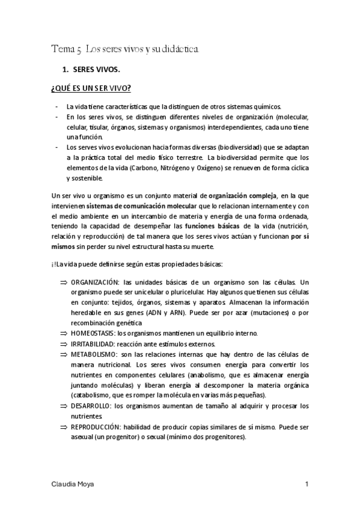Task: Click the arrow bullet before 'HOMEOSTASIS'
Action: (64, 333)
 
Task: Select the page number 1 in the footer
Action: (307, 484)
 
